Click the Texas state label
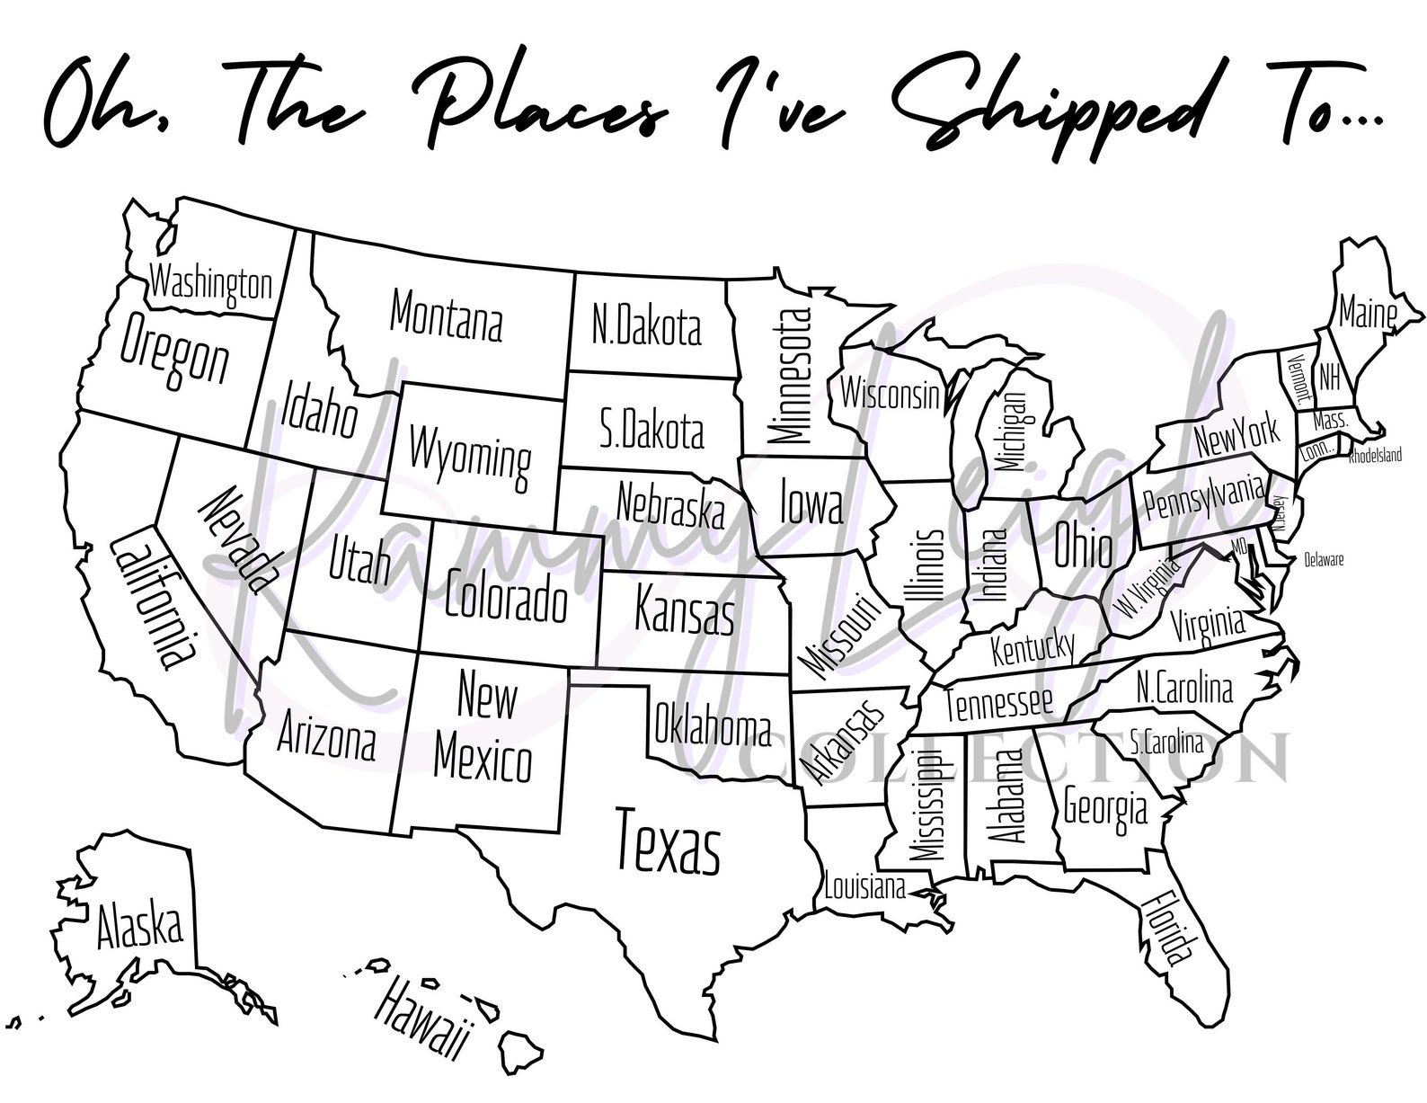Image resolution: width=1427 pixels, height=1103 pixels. point(668,841)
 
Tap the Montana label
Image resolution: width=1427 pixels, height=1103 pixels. point(447,314)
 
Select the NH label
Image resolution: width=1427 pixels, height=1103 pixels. point(1330,378)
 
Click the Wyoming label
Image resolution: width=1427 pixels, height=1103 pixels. point(469,455)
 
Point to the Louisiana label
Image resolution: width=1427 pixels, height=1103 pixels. point(865,888)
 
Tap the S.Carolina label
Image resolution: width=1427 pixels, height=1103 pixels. point(1166,742)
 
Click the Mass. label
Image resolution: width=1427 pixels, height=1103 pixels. point(1330,421)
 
